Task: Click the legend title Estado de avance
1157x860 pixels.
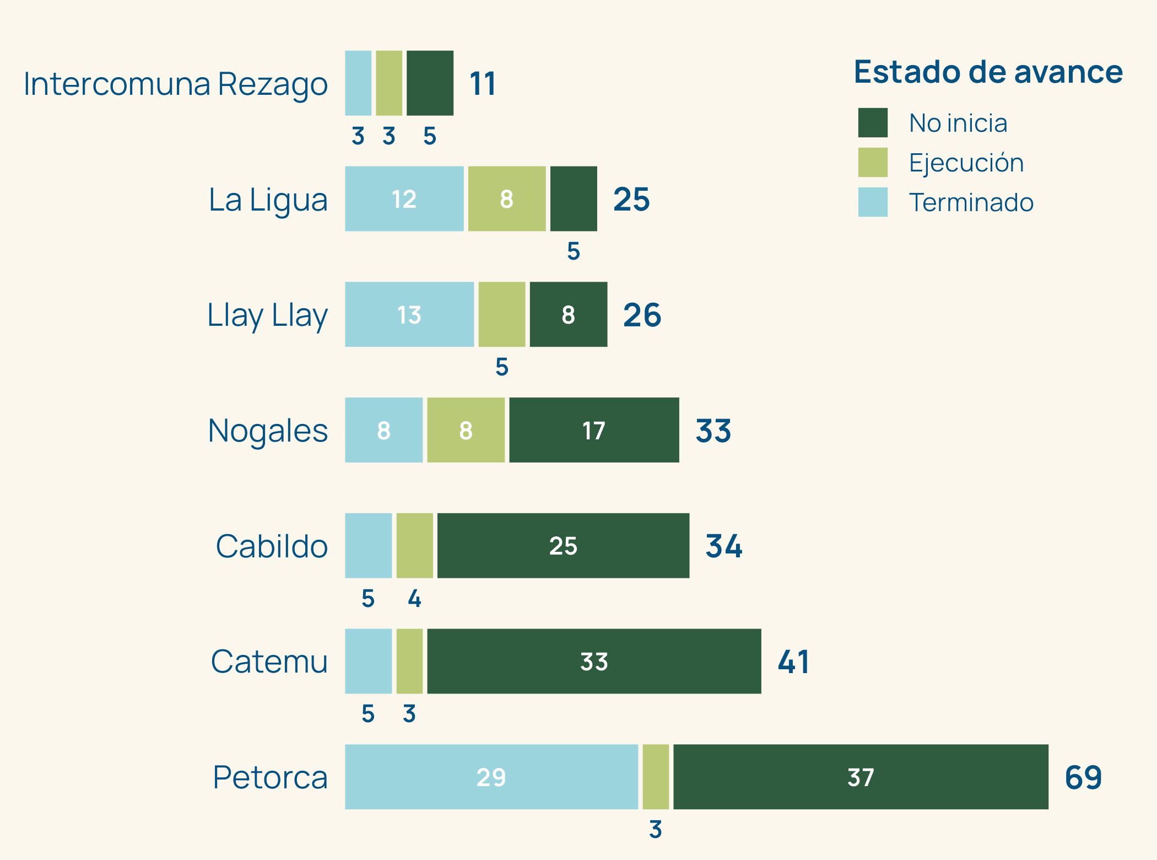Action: click(x=988, y=72)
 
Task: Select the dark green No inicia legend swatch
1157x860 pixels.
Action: click(x=873, y=122)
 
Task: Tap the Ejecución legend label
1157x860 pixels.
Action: click(x=966, y=163)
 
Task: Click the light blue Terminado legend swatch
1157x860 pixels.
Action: click(x=873, y=202)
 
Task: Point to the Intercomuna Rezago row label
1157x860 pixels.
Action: click(x=175, y=84)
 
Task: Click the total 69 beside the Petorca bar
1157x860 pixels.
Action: click(x=1083, y=777)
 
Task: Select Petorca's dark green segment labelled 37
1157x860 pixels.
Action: click(x=861, y=777)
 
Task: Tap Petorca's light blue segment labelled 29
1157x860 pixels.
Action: click(x=491, y=777)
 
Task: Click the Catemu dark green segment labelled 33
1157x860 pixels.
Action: click(x=594, y=661)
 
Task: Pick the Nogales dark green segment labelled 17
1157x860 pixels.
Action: click(x=594, y=430)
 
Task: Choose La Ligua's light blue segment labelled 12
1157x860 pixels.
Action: click(x=404, y=198)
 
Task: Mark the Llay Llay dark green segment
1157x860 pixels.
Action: click(x=569, y=314)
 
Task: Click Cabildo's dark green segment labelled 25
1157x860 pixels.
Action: click(x=563, y=546)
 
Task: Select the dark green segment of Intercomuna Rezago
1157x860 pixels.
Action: click(x=430, y=83)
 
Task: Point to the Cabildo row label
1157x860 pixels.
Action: click(x=272, y=546)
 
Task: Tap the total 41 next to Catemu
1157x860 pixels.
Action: click(x=793, y=662)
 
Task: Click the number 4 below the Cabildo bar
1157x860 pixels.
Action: click(x=414, y=599)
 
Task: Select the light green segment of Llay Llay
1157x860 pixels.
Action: click(x=501, y=314)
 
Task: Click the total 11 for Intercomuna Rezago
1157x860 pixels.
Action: click(x=483, y=84)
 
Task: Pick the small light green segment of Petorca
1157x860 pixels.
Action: click(x=656, y=777)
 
